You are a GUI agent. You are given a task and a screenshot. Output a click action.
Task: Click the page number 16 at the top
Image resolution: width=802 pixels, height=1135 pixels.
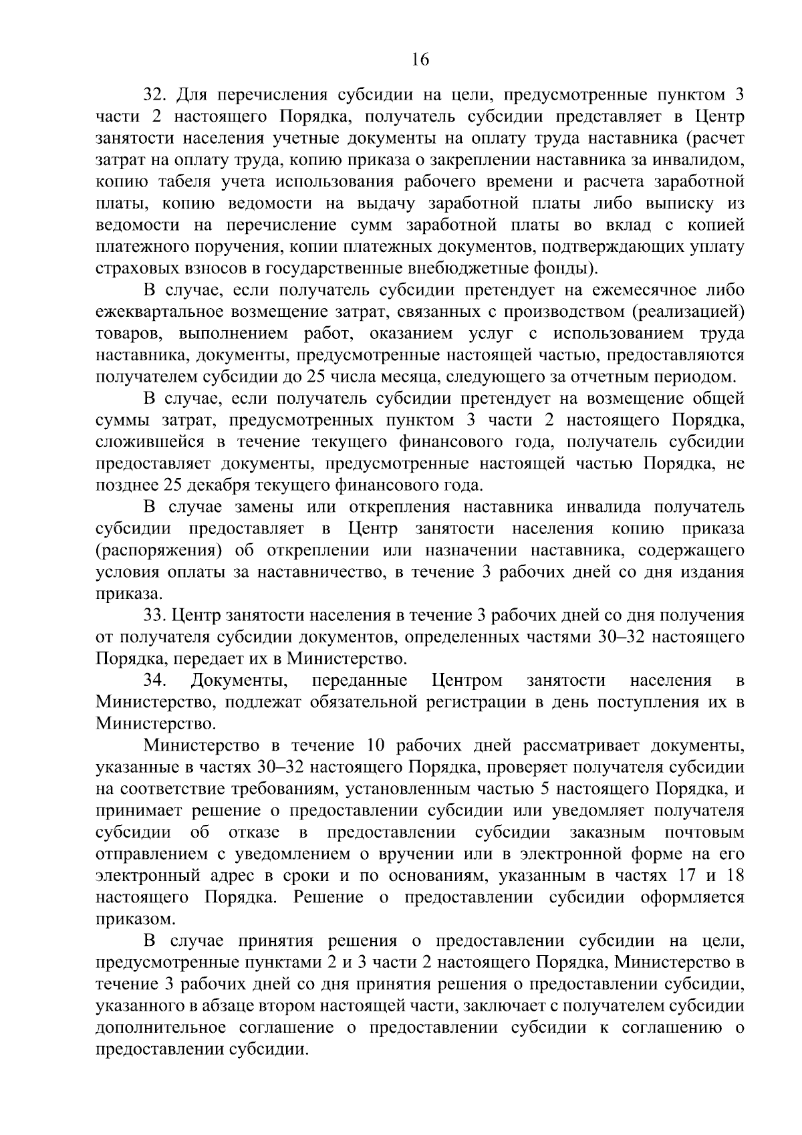coord(420,59)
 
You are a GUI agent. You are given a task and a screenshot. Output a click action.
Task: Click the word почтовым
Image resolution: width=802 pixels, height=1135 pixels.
coord(704,832)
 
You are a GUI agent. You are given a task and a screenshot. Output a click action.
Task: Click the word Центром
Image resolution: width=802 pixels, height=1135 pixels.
coord(466,680)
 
